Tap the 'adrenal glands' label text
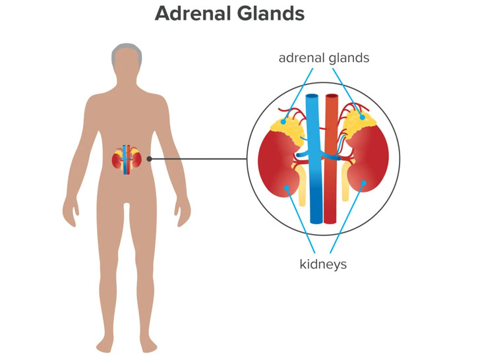[x=324, y=58]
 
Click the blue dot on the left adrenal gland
[x=284, y=121]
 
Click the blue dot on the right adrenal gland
[x=362, y=117]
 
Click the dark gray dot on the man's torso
[x=150, y=159]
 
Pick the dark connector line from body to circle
[x=198, y=159]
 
